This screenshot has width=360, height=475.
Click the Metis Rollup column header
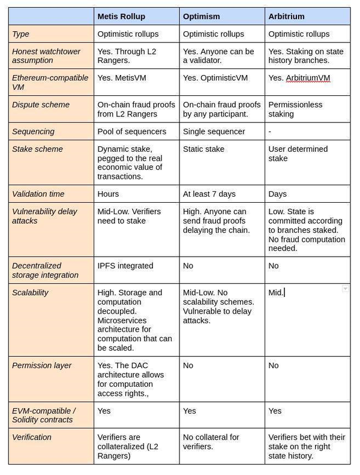(x=121, y=16)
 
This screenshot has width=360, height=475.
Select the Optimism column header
(x=201, y=16)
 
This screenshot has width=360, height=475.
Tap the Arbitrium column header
(x=287, y=16)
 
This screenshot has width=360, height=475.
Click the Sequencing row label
(x=33, y=131)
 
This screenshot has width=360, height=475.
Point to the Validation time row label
(x=41, y=194)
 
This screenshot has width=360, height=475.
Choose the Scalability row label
(x=30, y=293)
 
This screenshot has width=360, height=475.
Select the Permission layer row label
(x=41, y=365)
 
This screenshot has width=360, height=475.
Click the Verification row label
(x=32, y=437)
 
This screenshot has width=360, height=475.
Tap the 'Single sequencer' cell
(x=214, y=131)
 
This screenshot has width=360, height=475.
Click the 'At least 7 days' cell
(x=209, y=194)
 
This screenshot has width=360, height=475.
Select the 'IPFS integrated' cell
(x=125, y=266)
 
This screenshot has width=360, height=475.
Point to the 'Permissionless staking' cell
(x=295, y=109)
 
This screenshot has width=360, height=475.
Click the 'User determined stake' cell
(x=298, y=154)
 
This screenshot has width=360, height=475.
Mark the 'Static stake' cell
(x=203, y=149)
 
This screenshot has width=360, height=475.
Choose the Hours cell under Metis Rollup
(x=108, y=194)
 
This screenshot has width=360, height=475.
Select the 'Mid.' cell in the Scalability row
(x=276, y=293)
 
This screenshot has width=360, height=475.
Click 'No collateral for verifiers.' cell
(x=211, y=442)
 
